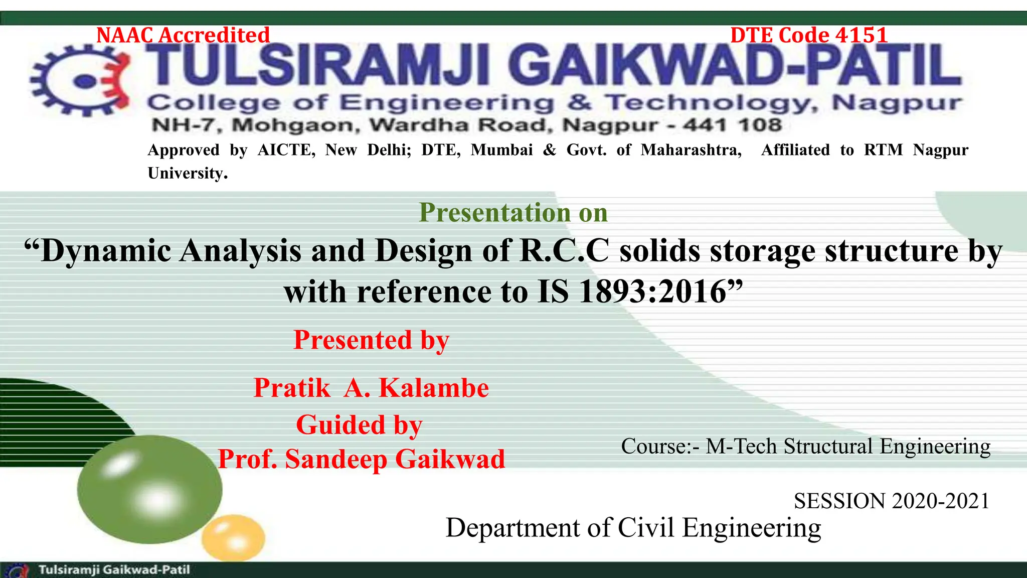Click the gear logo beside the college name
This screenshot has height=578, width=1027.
point(80,80)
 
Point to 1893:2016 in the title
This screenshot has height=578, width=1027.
point(652,292)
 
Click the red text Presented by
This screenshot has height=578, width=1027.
point(371,340)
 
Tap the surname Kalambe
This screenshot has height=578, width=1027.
point(434,388)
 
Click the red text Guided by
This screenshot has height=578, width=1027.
point(359,425)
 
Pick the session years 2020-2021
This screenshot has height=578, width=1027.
point(940,501)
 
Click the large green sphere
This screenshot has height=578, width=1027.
point(149,489)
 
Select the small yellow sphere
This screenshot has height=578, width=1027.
point(233,537)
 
